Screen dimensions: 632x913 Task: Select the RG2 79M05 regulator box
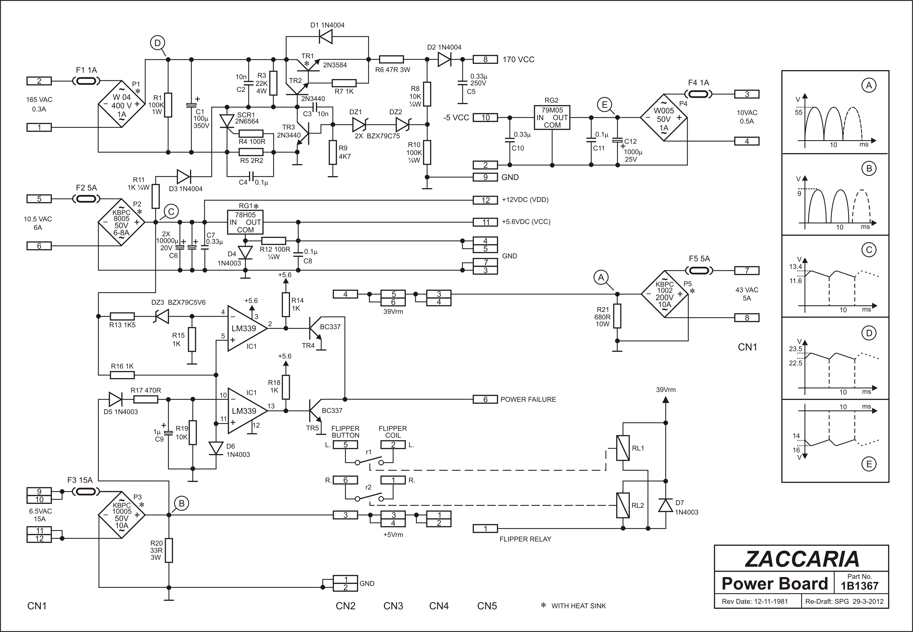click(552, 118)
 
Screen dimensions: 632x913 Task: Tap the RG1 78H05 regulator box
click(245, 222)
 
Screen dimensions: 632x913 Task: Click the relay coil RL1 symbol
click(623, 448)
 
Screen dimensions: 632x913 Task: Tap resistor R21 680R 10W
click(617, 316)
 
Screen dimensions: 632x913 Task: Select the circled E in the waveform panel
click(869, 464)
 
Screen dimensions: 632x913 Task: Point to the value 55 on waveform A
click(799, 113)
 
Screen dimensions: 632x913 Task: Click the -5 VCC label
click(456, 118)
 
